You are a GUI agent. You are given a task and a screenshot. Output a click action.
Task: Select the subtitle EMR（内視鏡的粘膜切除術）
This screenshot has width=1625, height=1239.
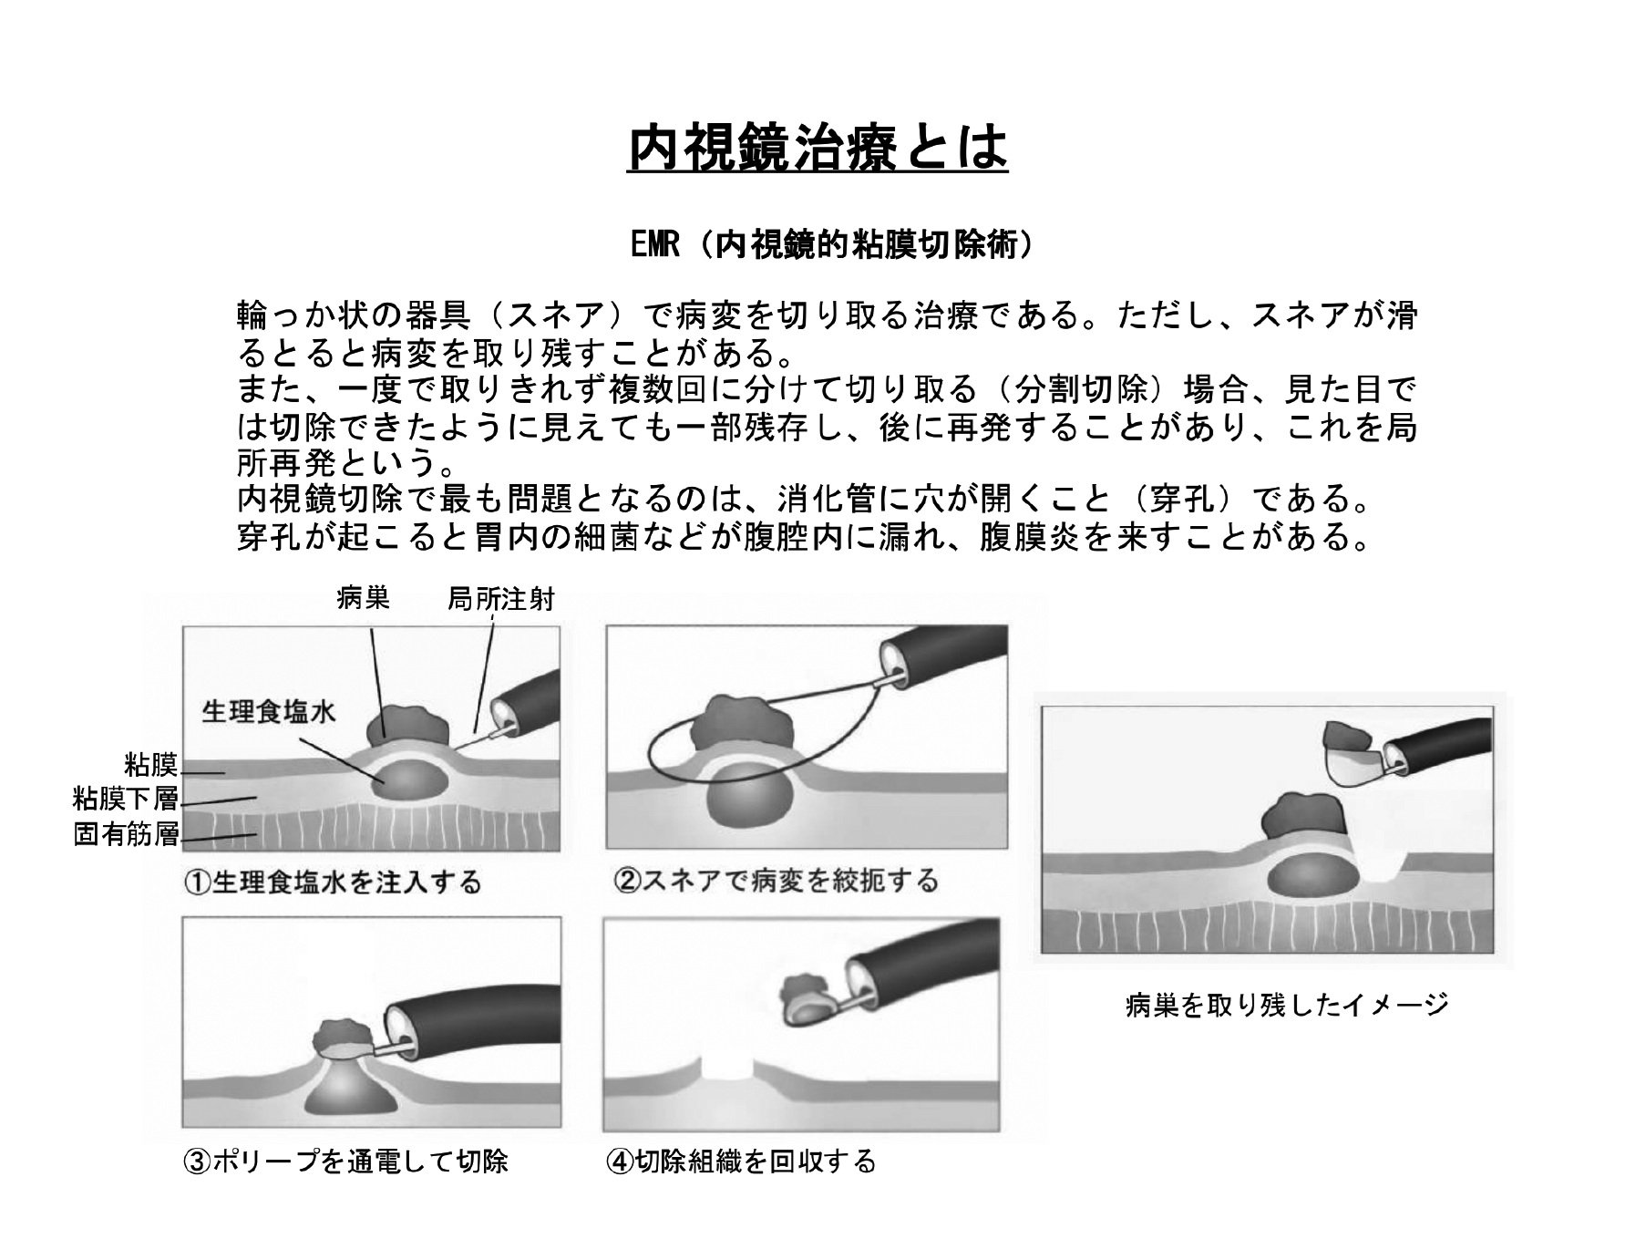(833, 245)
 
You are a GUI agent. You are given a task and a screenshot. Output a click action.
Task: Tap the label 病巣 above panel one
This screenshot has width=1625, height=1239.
(363, 598)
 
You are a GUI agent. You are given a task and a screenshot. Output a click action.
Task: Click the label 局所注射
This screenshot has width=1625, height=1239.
(500, 599)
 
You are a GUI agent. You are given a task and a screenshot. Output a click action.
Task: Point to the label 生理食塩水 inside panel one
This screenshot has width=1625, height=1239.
(269, 711)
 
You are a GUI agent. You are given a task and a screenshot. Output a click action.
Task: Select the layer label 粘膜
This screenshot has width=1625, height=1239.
(151, 764)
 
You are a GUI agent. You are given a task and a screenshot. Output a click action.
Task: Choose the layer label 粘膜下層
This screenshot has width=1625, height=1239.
(126, 800)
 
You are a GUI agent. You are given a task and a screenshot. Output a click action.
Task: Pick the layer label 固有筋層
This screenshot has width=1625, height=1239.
(126, 834)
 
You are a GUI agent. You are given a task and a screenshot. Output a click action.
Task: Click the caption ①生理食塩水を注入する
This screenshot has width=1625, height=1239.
(333, 882)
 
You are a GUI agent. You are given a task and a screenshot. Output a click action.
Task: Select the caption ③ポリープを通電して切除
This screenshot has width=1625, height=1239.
(345, 1162)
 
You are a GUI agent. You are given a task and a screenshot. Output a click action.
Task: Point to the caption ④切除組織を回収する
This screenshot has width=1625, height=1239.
(740, 1162)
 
